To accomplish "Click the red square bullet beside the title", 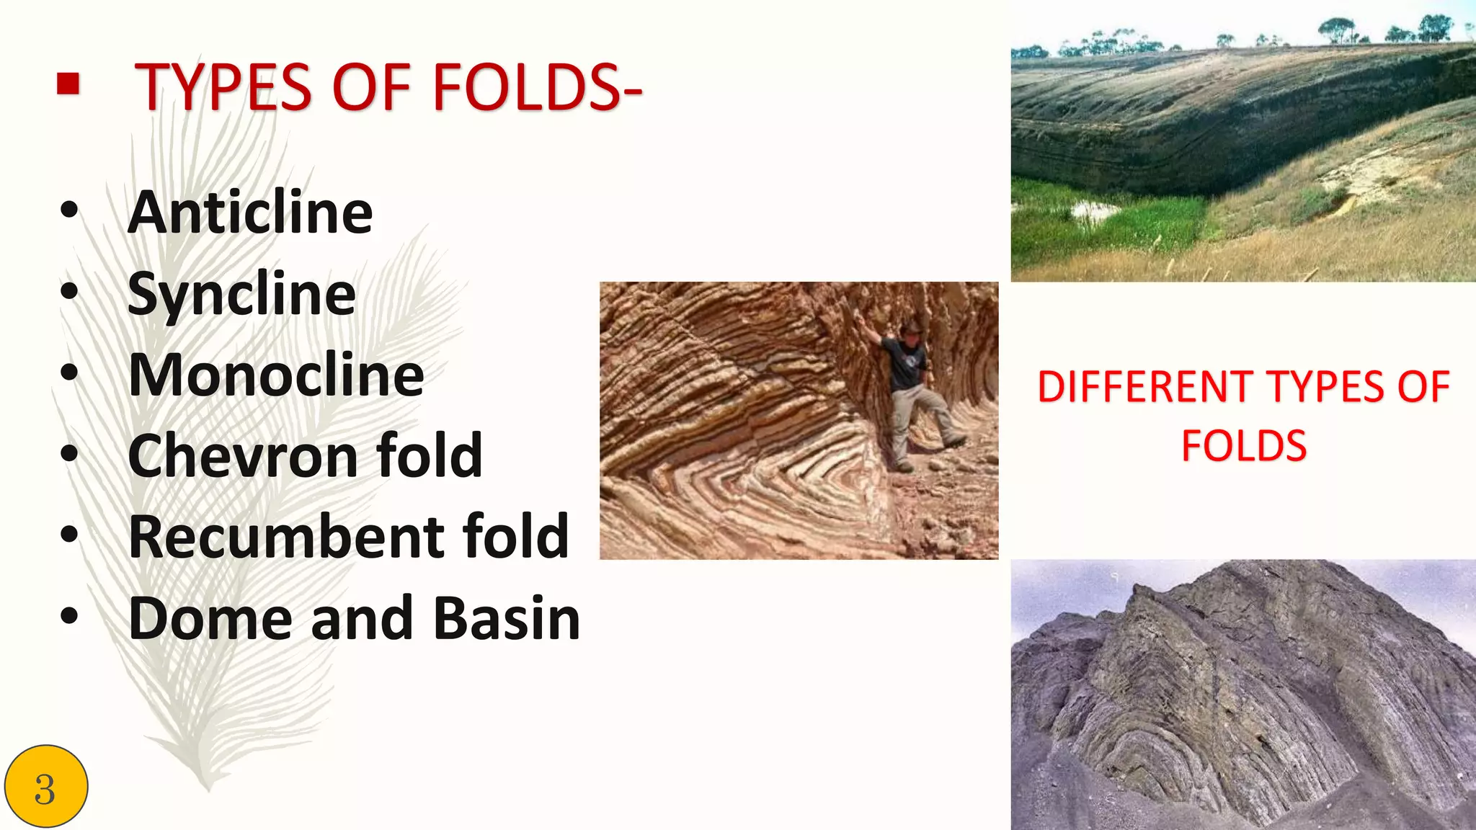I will [68, 85].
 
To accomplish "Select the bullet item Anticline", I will [250, 213].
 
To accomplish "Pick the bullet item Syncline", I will [241, 294].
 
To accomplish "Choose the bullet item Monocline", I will [276, 375].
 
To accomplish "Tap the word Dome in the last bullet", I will [210, 618].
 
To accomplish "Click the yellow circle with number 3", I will [45, 787].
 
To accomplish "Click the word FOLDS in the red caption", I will [1244, 445].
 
